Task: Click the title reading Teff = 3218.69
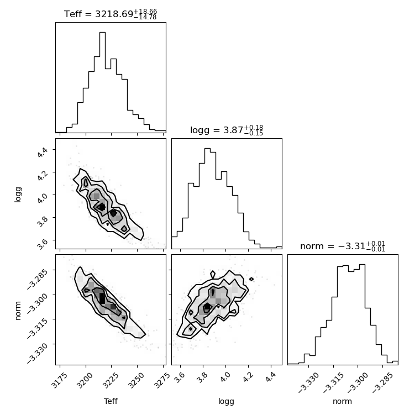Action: (x=111, y=13)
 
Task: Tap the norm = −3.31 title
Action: (x=342, y=246)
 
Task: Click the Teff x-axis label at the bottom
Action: (x=111, y=402)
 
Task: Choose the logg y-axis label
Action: (x=18, y=193)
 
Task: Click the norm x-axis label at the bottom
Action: (x=342, y=402)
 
